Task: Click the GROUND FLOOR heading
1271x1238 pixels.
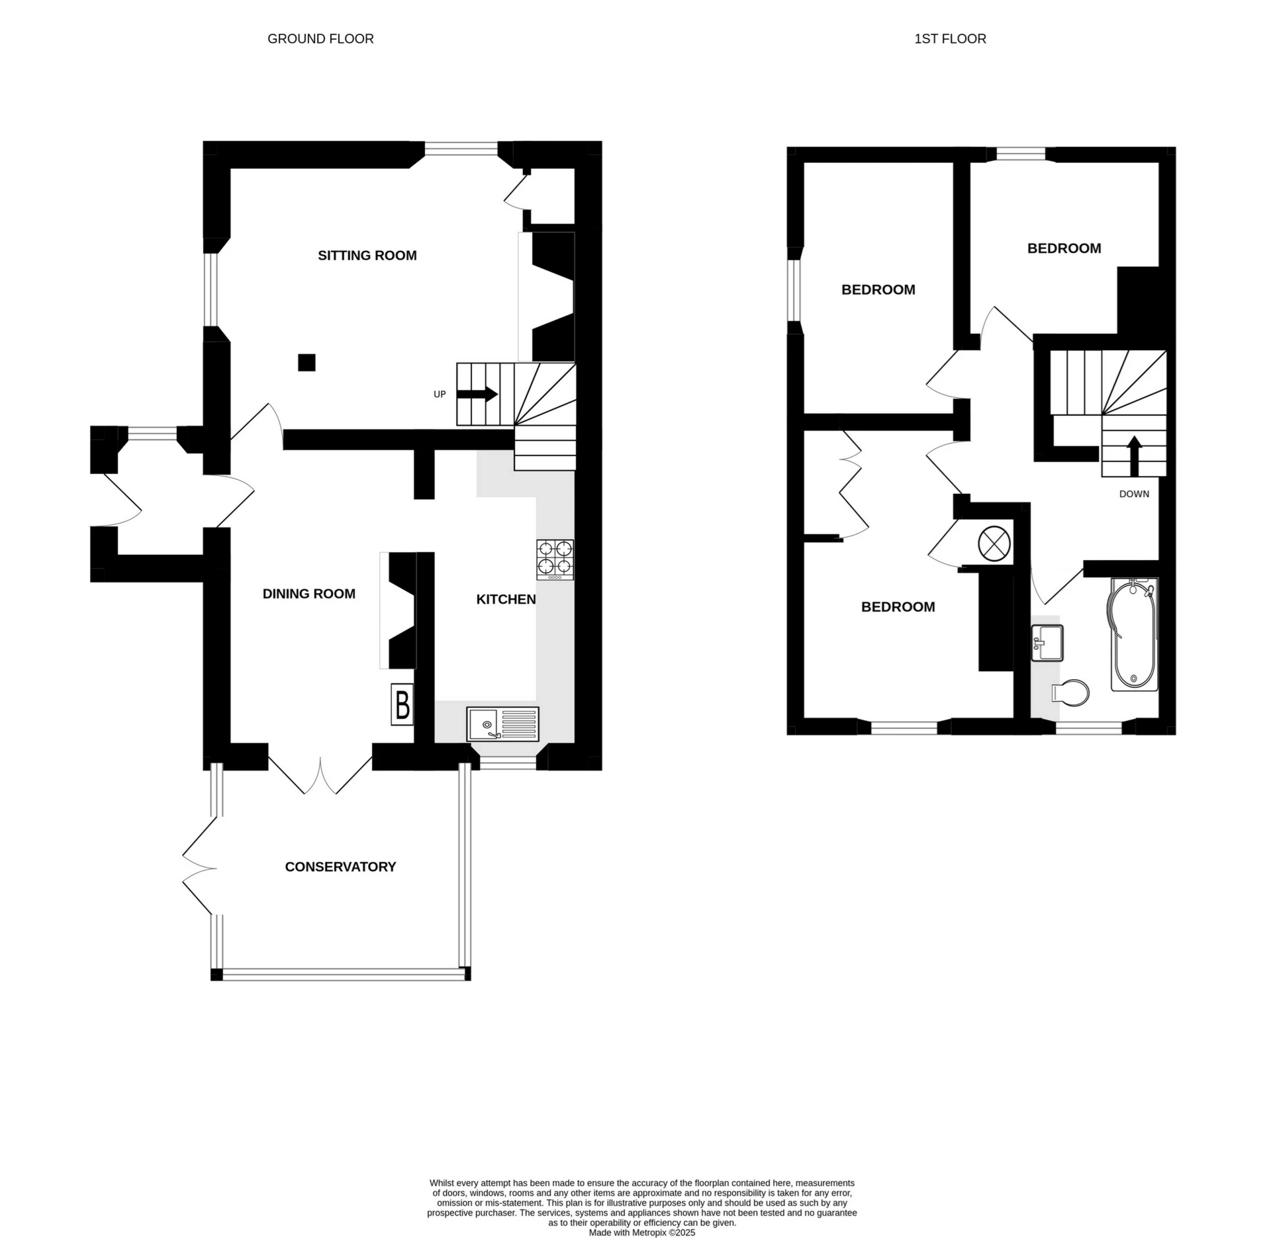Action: point(320,39)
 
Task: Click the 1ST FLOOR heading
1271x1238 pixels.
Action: point(950,39)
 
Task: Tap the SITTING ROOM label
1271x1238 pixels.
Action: point(367,256)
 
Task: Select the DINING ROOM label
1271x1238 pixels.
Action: point(308,594)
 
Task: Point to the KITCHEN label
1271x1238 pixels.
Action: point(506,599)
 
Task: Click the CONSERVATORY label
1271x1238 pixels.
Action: point(340,867)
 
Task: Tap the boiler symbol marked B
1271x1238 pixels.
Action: point(402,704)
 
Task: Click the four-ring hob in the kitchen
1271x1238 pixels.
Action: point(555,559)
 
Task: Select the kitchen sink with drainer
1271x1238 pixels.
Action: point(503,724)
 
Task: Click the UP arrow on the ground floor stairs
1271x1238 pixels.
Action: point(477,394)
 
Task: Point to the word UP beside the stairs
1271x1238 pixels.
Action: point(440,395)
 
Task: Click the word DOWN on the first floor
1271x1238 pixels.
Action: point(1134,494)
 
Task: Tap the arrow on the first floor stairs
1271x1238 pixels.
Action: point(1134,455)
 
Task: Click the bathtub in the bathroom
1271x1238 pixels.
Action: point(1134,635)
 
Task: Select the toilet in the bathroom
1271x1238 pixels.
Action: point(1071,693)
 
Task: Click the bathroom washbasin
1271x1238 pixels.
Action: point(1047,642)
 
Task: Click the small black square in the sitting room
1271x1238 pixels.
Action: point(306,363)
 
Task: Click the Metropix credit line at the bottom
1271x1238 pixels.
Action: point(641,1233)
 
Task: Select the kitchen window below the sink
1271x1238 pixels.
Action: point(508,764)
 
